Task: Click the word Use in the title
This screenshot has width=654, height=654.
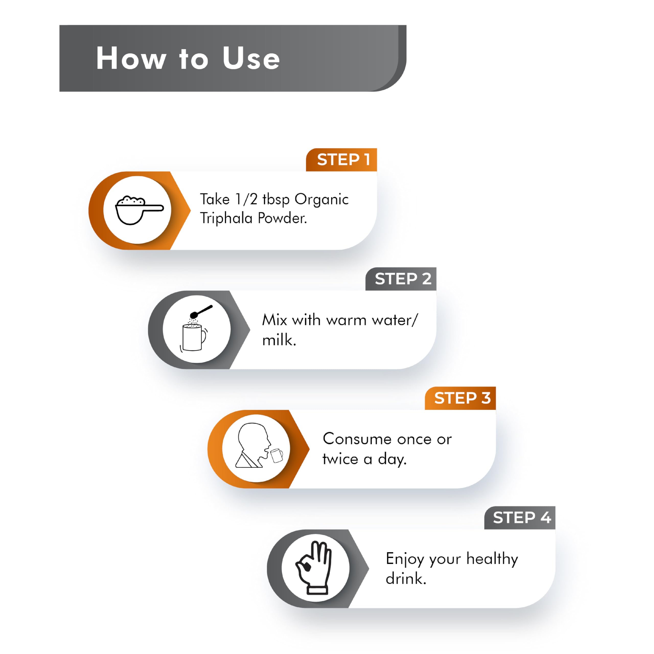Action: [x=251, y=58]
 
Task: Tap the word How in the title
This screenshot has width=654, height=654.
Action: [x=131, y=58]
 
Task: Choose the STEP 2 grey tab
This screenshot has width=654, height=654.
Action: [x=401, y=279]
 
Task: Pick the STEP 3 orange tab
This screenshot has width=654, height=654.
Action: [x=460, y=398]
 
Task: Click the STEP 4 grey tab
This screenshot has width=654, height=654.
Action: [x=520, y=518]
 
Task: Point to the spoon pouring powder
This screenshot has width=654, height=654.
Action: [x=201, y=312]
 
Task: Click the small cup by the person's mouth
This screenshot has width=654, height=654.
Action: [x=277, y=455]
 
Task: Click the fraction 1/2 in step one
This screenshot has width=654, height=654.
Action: [x=246, y=199]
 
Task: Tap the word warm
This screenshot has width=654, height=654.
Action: [x=346, y=320]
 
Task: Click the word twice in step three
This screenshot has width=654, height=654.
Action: [x=340, y=459]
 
